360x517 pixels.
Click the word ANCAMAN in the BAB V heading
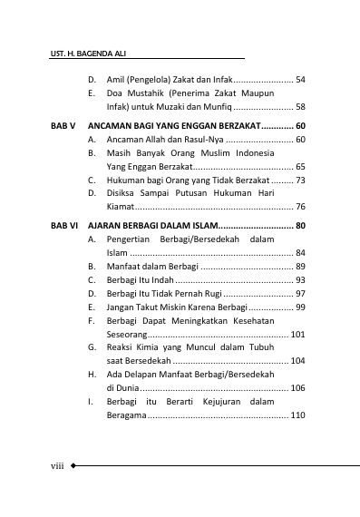click(x=129, y=125)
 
